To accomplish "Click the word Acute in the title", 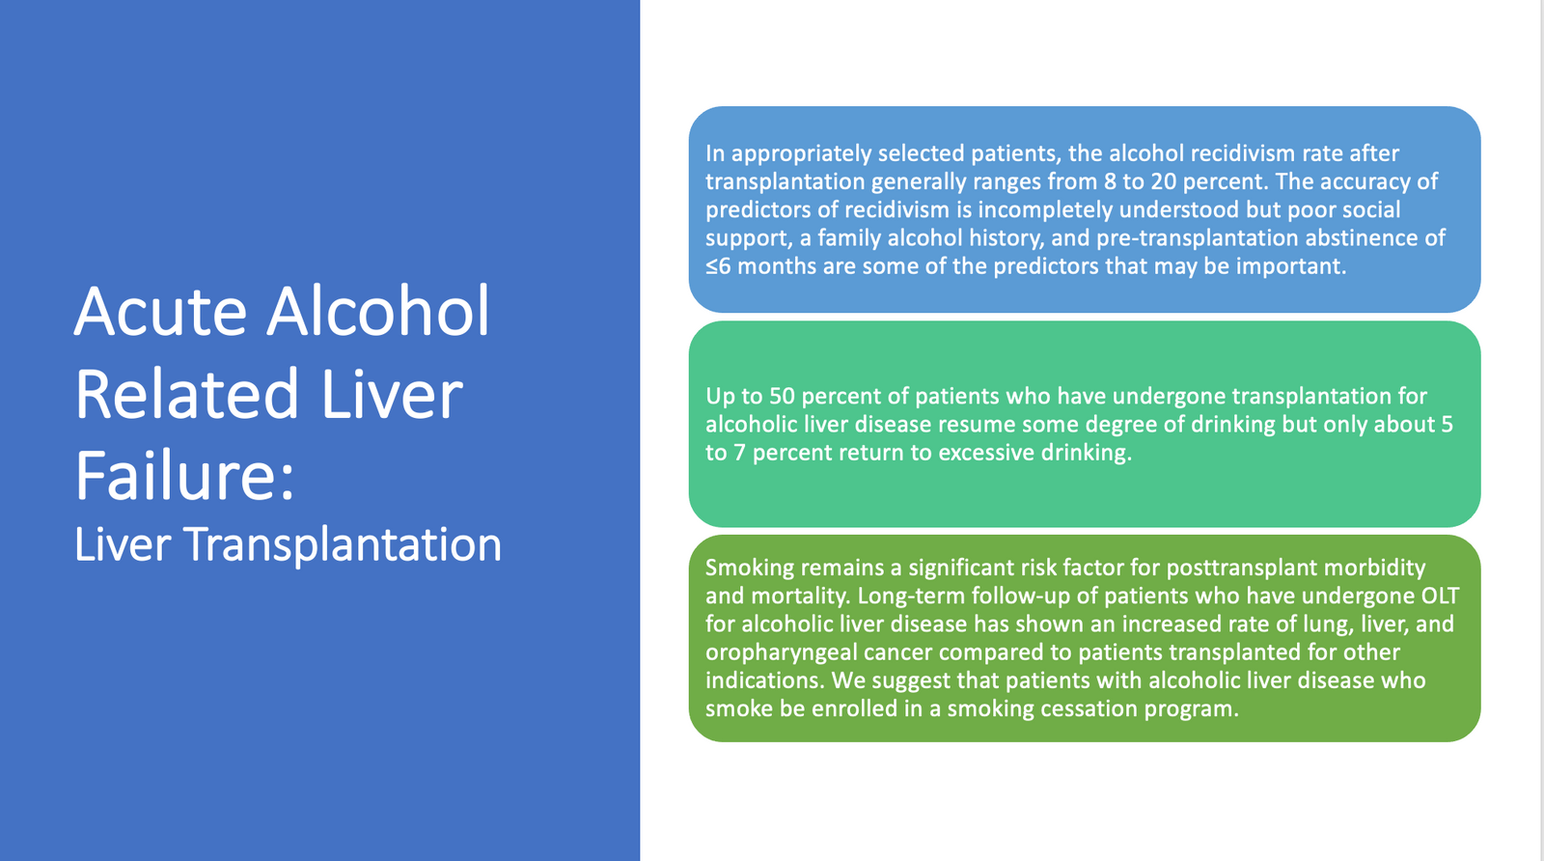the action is pyautogui.click(x=160, y=311).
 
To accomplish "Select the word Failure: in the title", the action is pyautogui.click(x=184, y=476).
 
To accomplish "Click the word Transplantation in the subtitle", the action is pyautogui.click(x=343, y=544).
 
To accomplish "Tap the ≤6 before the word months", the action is pyautogui.click(x=718, y=266).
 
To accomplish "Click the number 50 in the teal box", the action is pyautogui.click(x=783, y=397).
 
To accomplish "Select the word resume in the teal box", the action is pyautogui.click(x=975, y=425).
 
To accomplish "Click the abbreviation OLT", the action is pyautogui.click(x=1441, y=597).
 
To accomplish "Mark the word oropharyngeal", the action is pyautogui.click(x=781, y=653).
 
